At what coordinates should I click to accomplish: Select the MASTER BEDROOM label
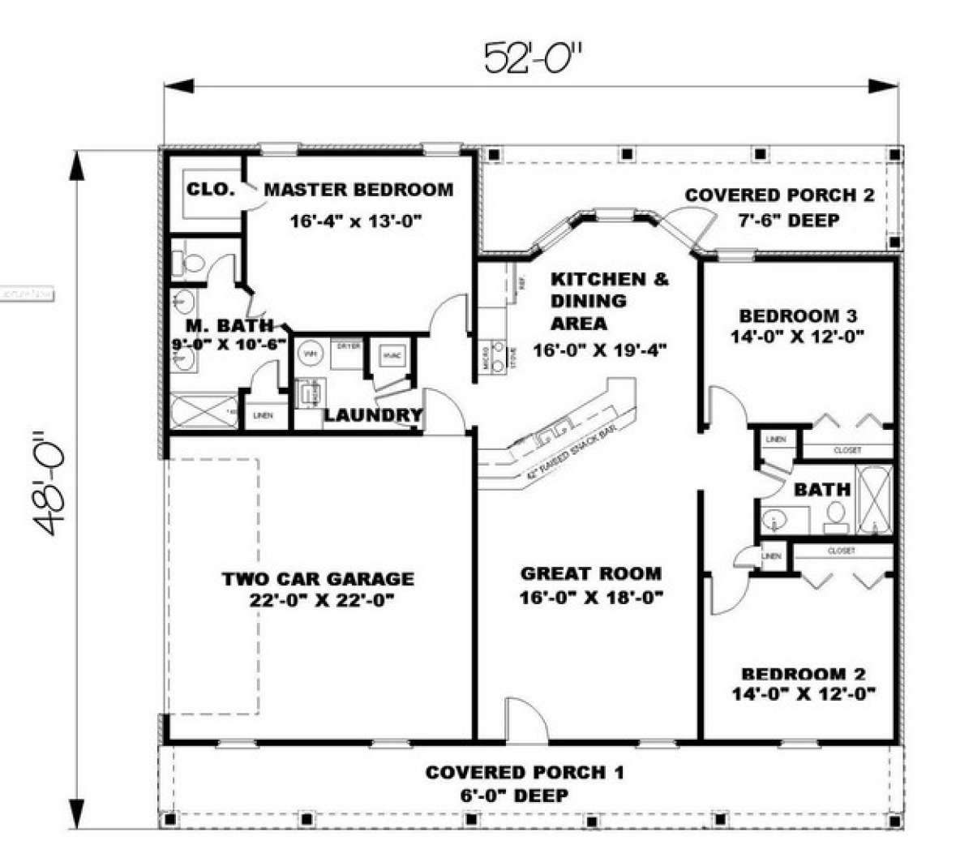click(x=359, y=190)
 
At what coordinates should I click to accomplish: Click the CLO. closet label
click(x=211, y=190)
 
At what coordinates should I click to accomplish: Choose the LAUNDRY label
click(x=373, y=416)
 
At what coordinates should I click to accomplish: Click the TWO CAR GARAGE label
click(x=318, y=579)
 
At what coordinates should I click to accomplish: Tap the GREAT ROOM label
click(x=590, y=574)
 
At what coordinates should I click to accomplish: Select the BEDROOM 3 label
click(x=798, y=316)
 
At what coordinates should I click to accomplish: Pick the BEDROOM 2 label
click(x=803, y=674)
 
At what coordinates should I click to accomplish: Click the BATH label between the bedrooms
click(x=822, y=489)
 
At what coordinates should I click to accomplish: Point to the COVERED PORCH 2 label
click(x=779, y=195)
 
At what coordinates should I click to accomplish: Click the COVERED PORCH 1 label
click(x=525, y=772)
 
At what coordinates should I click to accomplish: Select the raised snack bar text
click(x=567, y=451)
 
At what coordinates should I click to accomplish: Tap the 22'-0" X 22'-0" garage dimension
click(x=318, y=602)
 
